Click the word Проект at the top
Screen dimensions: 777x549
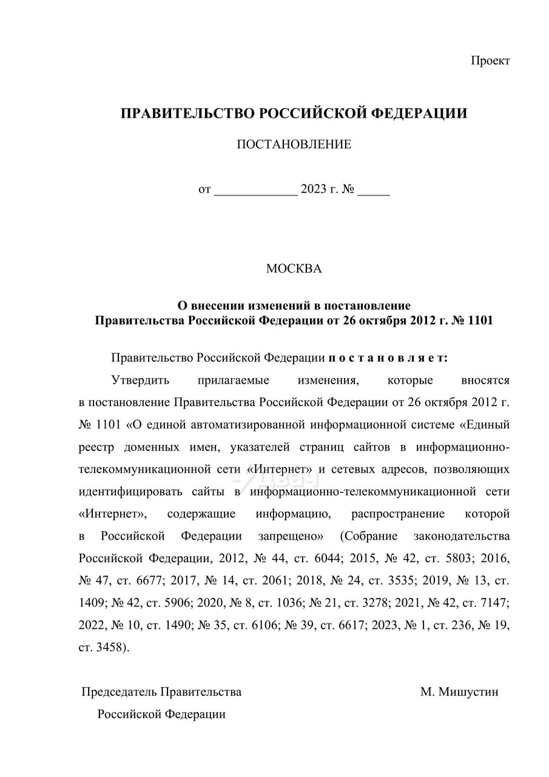click(490, 61)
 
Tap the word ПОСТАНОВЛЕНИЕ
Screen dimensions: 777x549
click(294, 144)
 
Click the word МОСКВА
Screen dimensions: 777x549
click(294, 269)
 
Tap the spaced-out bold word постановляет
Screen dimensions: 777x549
click(388, 358)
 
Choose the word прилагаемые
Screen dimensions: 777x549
click(234, 381)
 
